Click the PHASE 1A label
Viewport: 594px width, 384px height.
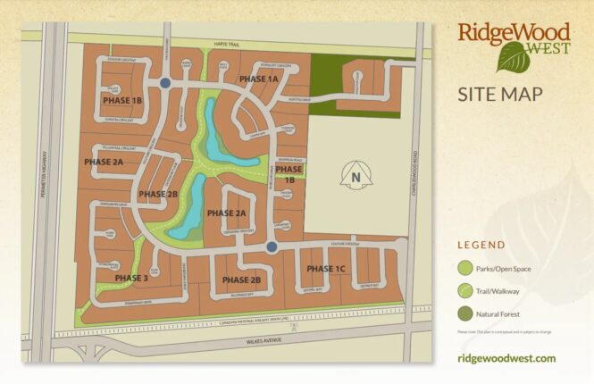(x=259, y=79)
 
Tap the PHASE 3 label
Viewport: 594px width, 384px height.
(x=131, y=278)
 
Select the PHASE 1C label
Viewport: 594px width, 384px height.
(x=325, y=269)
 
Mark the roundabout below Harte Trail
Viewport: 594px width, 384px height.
(x=165, y=83)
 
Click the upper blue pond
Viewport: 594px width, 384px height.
(x=215, y=130)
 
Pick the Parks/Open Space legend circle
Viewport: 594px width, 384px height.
(x=464, y=268)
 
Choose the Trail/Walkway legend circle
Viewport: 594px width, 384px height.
(x=464, y=291)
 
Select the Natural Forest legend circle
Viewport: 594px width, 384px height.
(x=464, y=313)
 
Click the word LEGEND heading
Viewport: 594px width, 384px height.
(x=481, y=245)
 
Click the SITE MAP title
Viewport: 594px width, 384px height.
(x=499, y=94)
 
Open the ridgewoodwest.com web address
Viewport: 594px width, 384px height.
(x=506, y=358)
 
